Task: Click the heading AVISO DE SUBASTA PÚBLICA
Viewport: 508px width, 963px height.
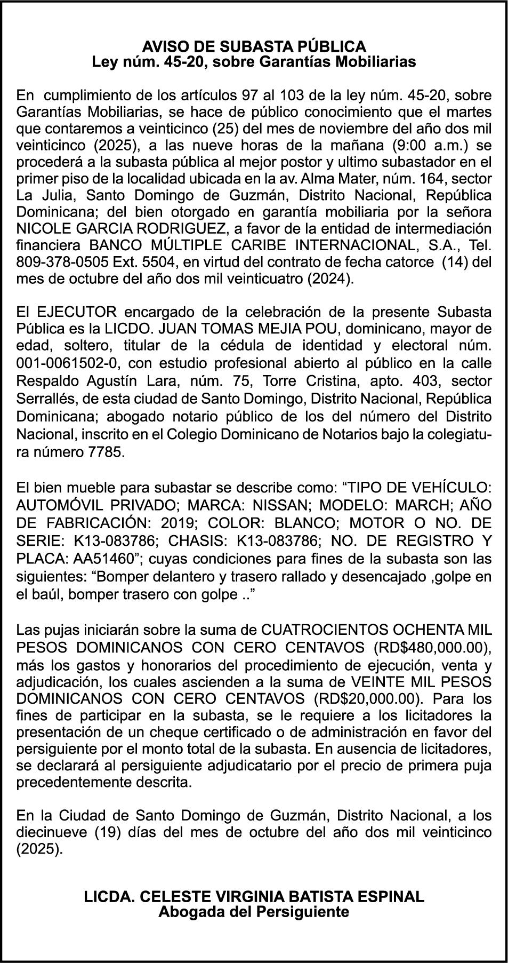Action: pyautogui.click(x=254, y=46)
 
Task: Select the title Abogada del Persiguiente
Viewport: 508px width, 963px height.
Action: pyautogui.click(x=254, y=911)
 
